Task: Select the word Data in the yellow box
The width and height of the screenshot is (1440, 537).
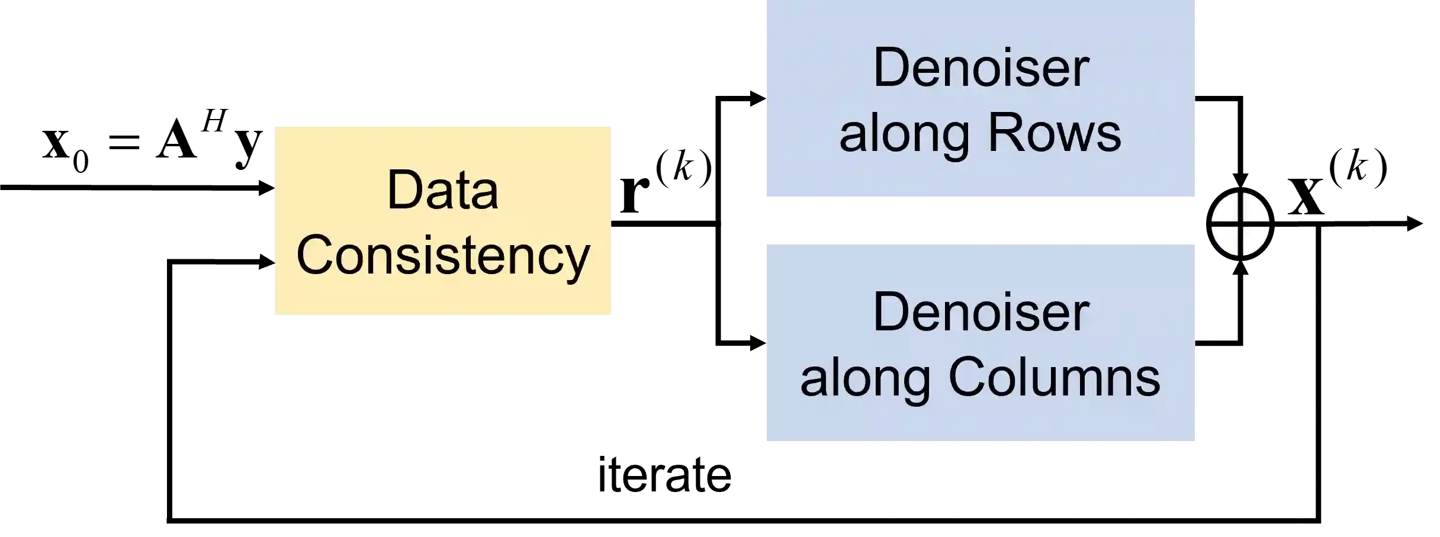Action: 442,190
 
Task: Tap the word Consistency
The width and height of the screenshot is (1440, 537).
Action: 442,256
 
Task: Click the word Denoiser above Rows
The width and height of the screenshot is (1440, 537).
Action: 981,67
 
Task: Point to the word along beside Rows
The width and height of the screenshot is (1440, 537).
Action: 904,133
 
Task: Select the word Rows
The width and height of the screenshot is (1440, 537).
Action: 1054,133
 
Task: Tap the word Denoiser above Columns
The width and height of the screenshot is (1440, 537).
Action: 981,312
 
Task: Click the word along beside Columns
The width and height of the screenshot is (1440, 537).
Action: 865,378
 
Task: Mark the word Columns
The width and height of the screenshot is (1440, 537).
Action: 1054,378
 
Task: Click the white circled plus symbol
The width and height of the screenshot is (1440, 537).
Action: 1240,224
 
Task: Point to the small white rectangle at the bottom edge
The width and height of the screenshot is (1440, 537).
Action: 156,527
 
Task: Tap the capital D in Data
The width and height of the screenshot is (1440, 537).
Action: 402,190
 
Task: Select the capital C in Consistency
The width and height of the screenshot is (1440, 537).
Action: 314,255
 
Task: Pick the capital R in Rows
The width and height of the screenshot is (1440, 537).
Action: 1002,133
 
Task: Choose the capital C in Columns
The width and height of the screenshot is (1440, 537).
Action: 966,377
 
